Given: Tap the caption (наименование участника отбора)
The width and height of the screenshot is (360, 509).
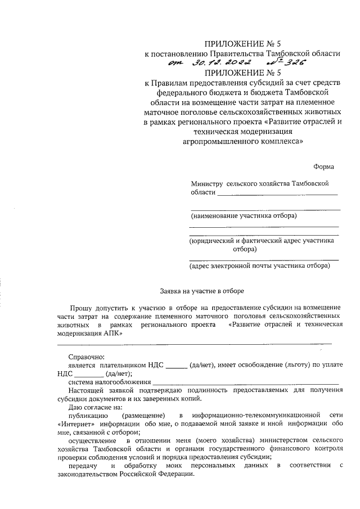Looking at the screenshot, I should point(244,215).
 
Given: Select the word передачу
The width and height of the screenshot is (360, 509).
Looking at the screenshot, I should point(82,465).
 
